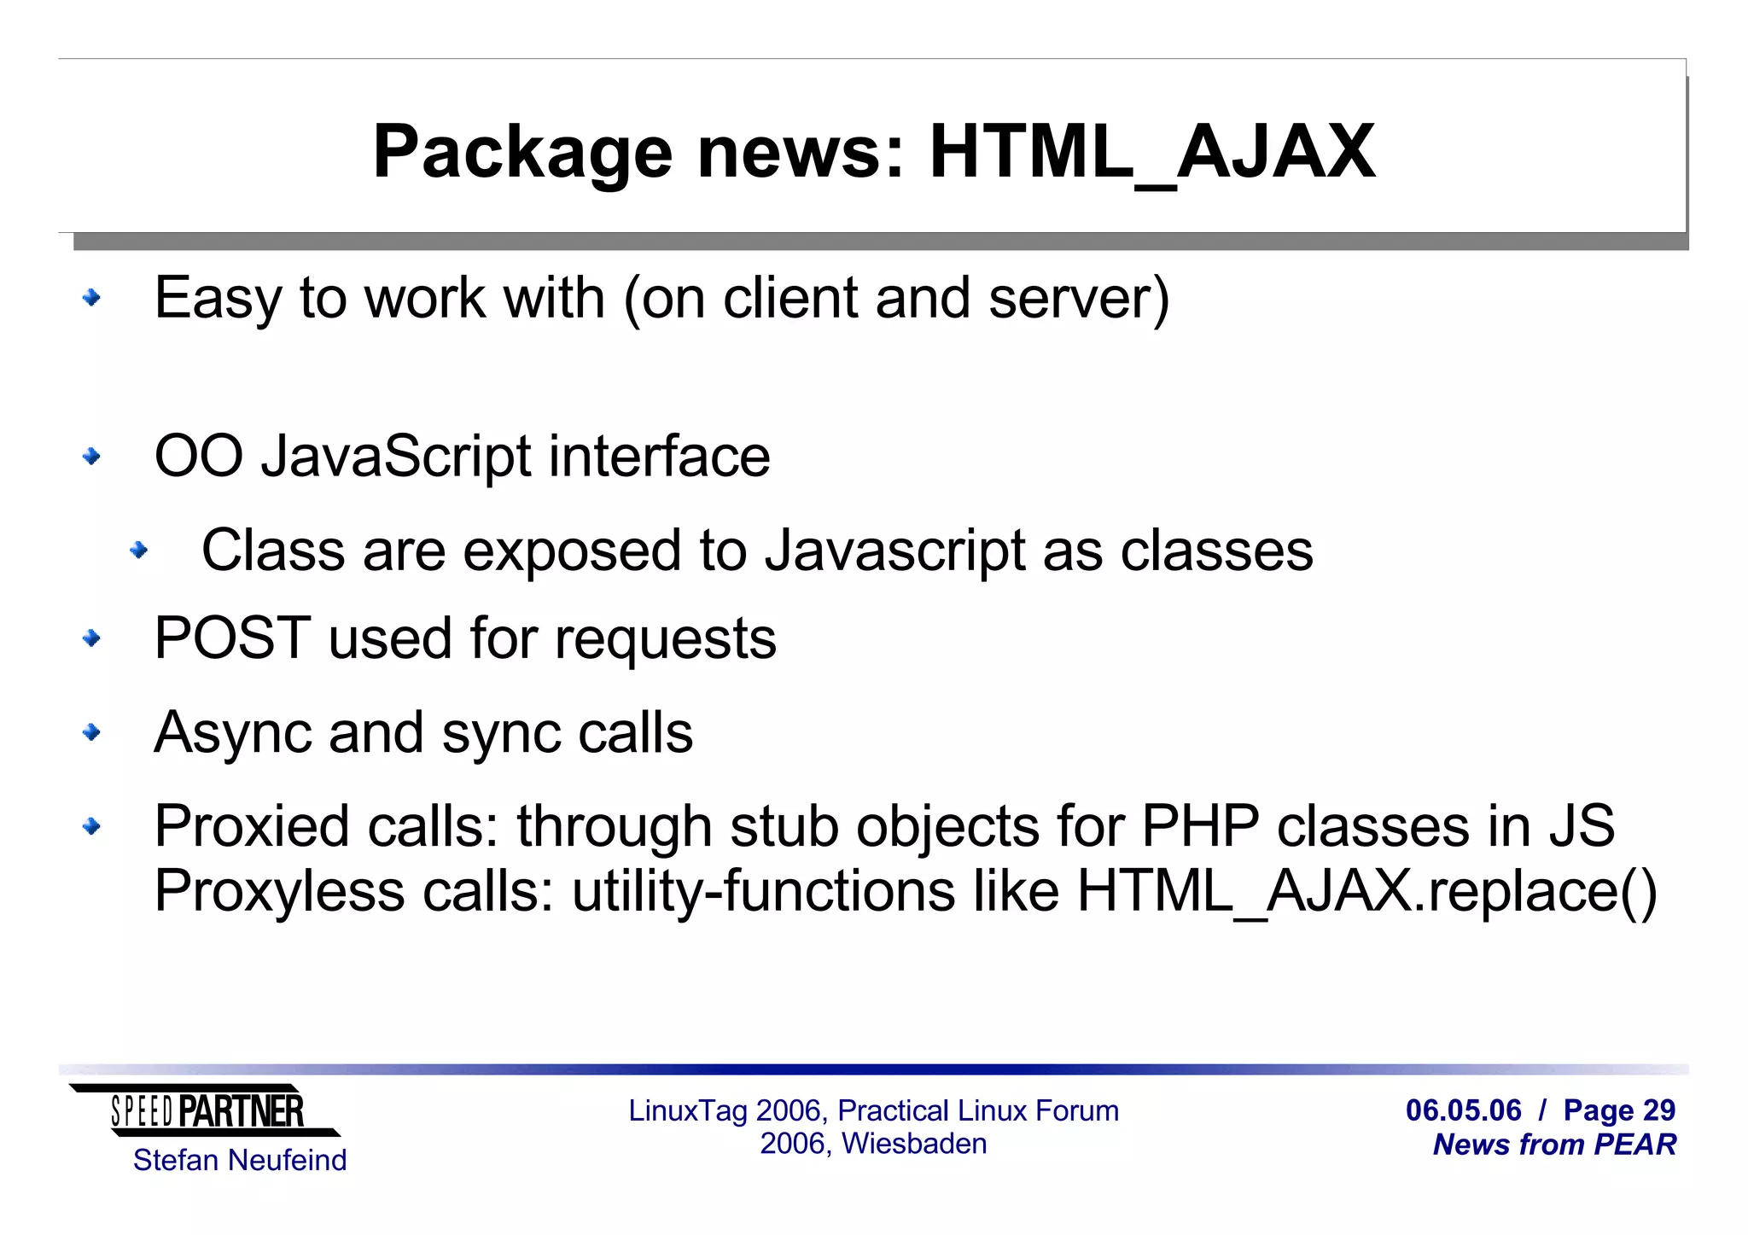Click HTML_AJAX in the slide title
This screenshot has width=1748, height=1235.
[x=1152, y=154]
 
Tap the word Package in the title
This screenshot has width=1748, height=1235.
[x=522, y=154]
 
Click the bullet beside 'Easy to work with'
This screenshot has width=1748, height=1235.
[x=91, y=298]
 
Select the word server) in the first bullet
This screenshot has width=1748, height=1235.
[x=1079, y=299]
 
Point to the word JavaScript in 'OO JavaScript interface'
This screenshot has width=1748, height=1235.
[x=396, y=457]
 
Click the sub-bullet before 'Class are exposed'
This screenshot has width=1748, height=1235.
[x=138, y=551]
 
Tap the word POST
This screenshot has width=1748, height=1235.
[x=232, y=638]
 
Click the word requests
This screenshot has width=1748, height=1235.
[x=665, y=640]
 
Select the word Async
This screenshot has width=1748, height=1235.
[x=232, y=732]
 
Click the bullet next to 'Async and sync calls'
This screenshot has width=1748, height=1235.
[x=91, y=732]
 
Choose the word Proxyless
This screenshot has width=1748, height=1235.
[x=279, y=891]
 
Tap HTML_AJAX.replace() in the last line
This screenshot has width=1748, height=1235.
[x=1366, y=891]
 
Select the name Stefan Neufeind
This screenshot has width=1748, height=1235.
[x=240, y=1161]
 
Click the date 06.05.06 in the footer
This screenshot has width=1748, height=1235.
[x=1463, y=1110]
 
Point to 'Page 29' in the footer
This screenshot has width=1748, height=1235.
[x=1619, y=1110]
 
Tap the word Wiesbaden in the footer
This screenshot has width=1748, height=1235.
[x=913, y=1144]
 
